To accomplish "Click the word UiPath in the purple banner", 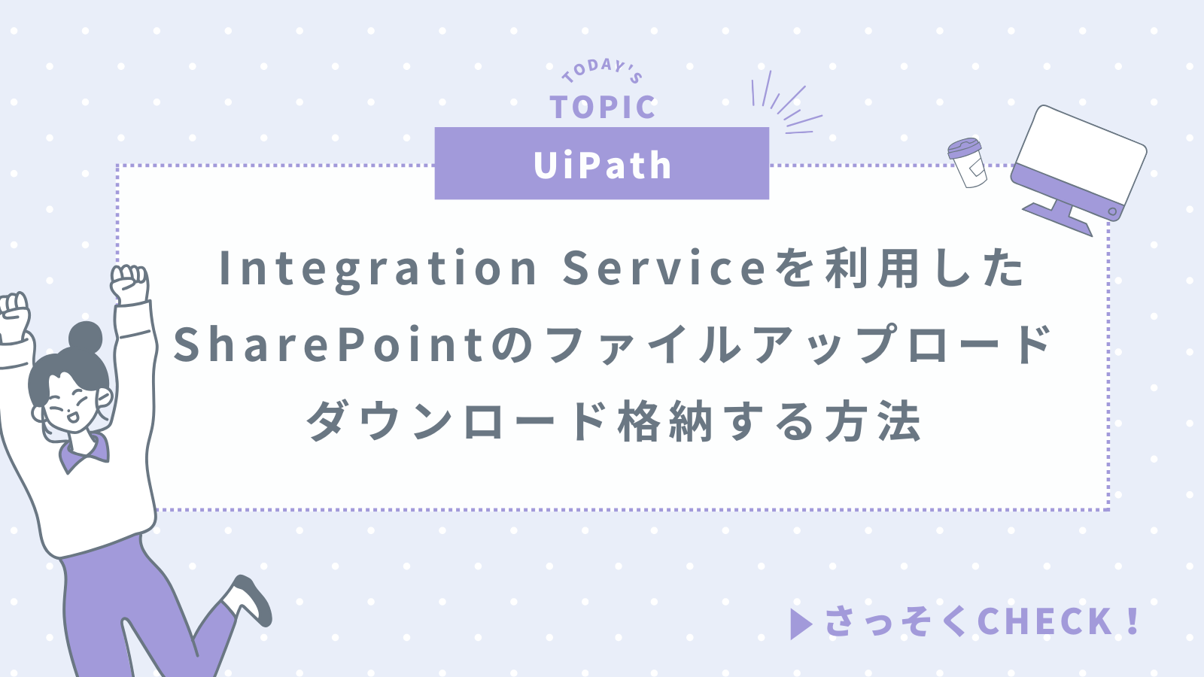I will coord(602,165).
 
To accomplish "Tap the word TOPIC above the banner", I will coord(602,108).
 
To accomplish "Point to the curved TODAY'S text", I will coord(602,70).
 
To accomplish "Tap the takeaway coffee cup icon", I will coord(967,162).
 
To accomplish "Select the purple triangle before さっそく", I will coord(801,624).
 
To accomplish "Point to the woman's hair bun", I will coord(85,337).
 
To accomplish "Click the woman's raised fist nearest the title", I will coord(130,283).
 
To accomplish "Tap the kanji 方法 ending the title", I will coord(873,421).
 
